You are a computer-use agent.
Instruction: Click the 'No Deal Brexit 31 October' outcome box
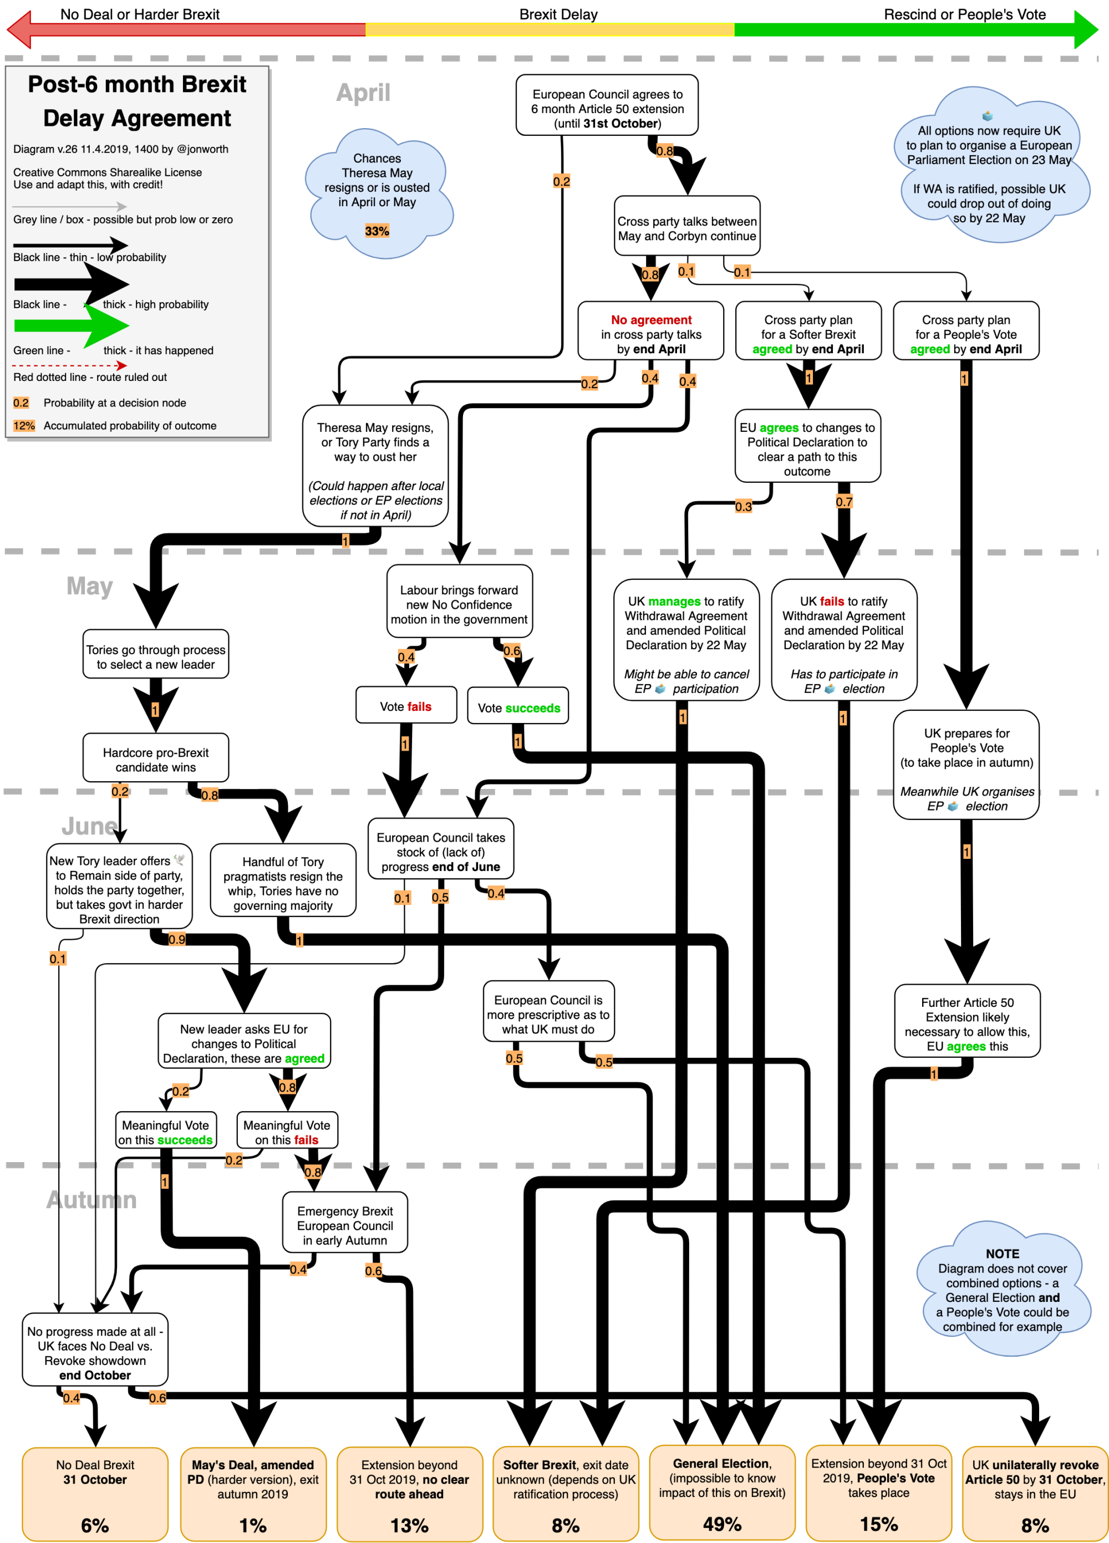coord(95,1493)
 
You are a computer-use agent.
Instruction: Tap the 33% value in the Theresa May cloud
coord(377,231)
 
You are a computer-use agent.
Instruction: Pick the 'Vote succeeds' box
coord(518,707)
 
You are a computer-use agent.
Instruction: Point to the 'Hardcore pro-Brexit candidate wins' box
coord(155,759)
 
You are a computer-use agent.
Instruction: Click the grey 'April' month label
coord(363,93)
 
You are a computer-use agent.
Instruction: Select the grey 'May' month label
coord(89,586)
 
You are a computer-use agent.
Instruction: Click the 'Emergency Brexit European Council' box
coord(345,1225)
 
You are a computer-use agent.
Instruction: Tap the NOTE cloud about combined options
coord(1001,1289)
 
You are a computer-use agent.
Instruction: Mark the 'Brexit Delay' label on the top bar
coord(558,14)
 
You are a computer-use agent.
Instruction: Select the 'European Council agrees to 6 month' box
coord(607,108)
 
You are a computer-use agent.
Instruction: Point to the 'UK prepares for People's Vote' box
coord(965,765)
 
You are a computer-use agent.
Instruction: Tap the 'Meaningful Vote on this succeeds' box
coord(165,1132)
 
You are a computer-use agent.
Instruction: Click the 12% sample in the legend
coord(24,426)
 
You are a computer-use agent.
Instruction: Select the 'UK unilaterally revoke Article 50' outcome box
coord(1035,1493)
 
